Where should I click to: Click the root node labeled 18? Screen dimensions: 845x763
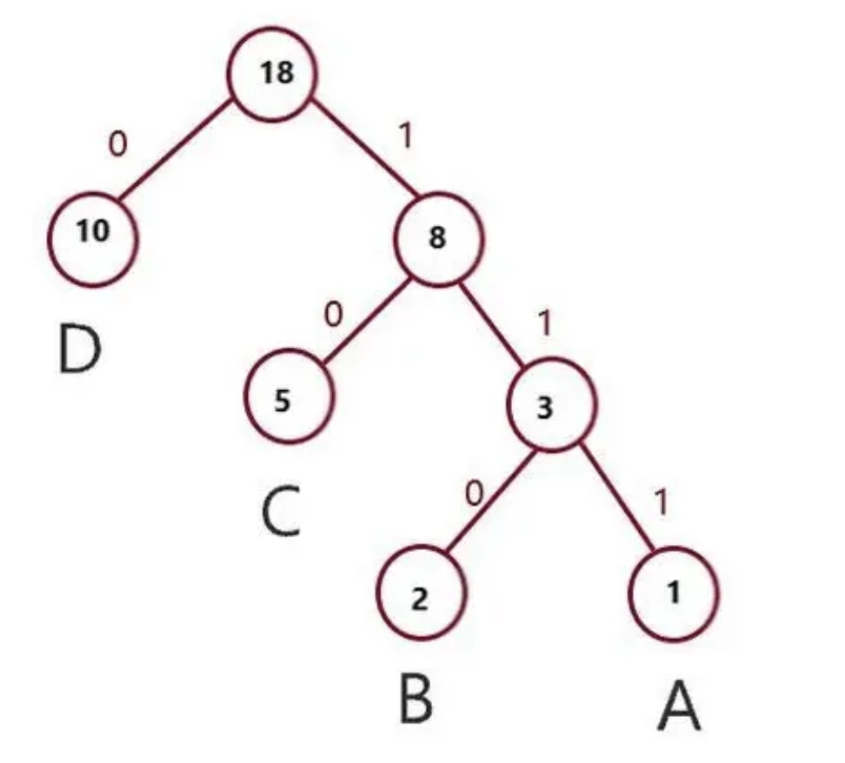[x=274, y=74]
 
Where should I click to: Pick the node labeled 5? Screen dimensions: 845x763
[x=289, y=401]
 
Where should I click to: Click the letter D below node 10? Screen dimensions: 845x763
[x=79, y=349]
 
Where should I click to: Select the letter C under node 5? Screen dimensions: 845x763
[x=281, y=512]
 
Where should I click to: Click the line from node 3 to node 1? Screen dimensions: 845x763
[x=616, y=499]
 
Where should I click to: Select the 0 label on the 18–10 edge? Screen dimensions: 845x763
[x=117, y=143]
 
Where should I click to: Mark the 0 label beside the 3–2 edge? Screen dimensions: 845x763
[x=474, y=494]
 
